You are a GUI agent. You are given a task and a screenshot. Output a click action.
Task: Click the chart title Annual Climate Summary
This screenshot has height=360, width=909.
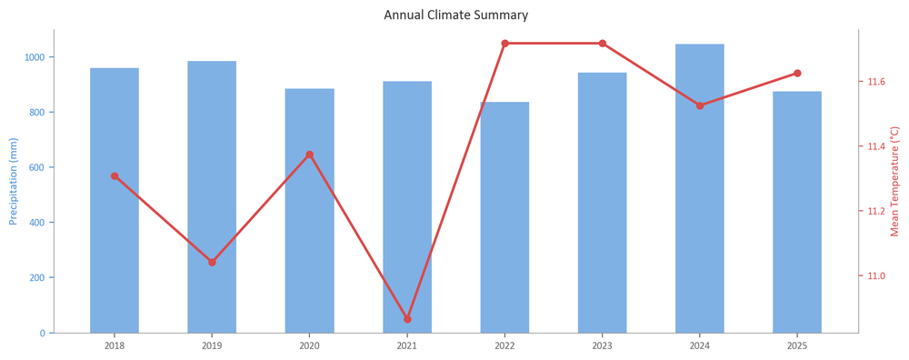[455, 15]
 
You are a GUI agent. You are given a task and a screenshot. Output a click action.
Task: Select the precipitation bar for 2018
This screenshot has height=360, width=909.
[115, 201]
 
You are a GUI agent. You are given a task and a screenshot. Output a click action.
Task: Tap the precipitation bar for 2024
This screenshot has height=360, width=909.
[700, 188]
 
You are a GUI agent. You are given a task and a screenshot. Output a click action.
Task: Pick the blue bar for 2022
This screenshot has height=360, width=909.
[504, 217]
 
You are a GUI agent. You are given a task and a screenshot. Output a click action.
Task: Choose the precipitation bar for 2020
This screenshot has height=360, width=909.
[310, 211]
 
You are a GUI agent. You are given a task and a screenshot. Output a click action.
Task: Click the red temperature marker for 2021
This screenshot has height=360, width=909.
[407, 319]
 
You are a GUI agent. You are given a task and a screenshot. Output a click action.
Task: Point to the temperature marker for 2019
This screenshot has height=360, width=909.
[212, 262]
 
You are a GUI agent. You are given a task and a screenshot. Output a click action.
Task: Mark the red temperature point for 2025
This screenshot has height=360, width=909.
[797, 73]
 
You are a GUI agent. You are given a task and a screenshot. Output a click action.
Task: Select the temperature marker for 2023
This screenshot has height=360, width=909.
[603, 44]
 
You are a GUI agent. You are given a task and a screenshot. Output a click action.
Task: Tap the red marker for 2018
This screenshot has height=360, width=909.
[115, 176]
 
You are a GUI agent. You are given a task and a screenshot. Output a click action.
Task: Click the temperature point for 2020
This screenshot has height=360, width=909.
[310, 155]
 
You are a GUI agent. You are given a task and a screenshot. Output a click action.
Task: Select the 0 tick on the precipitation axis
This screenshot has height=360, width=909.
[44, 334]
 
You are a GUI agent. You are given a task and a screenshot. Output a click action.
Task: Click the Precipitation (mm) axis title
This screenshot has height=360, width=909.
[14, 182]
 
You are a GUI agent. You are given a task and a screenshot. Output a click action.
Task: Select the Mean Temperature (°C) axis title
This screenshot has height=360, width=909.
[894, 182]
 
